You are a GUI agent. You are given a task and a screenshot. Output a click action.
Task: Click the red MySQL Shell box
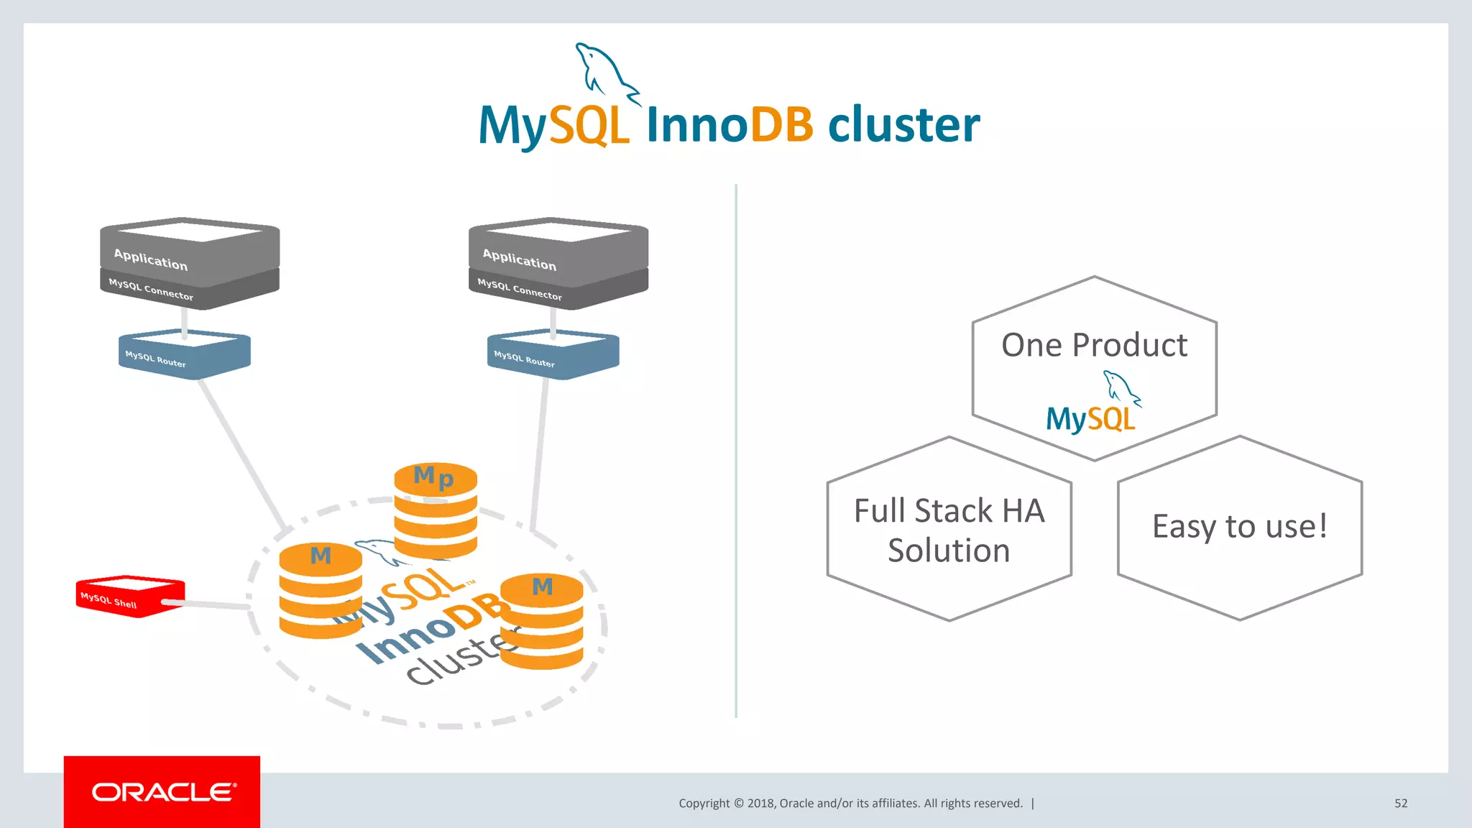tap(129, 596)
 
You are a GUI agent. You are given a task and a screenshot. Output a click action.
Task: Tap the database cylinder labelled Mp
tap(436, 512)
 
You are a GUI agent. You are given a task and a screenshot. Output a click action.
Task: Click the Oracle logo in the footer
tap(163, 792)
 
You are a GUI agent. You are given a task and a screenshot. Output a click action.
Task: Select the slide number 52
tap(1401, 804)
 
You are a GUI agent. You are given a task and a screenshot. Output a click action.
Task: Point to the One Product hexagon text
tap(1094, 345)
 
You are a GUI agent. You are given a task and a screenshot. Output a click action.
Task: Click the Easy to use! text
tap(1240, 526)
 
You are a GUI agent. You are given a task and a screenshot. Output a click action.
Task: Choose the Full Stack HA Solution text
tap(949, 530)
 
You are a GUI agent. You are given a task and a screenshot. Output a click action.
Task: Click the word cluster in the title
tap(903, 125)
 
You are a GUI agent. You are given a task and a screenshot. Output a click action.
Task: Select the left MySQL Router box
tap(184, 354)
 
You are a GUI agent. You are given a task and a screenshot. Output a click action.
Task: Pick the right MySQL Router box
tap(553, 354)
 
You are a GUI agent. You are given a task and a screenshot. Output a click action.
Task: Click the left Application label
tap(151, 259)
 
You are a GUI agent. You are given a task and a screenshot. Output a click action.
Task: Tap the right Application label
tap(520, 259)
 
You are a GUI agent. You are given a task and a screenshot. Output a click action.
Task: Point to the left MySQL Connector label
tap(151, 290)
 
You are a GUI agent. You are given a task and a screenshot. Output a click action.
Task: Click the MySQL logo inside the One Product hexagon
tap(1092, 406)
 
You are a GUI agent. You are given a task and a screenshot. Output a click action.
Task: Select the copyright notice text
tap(850, 804)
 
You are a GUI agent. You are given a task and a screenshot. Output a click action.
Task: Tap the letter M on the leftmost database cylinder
tap(321, 556)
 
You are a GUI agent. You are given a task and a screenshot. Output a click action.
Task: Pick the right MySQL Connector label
tap(520, 290)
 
